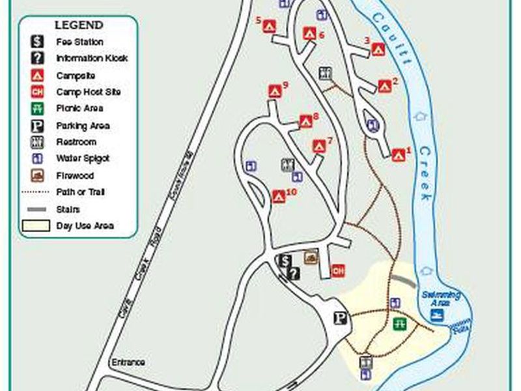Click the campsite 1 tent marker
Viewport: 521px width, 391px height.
[x=398, y=155]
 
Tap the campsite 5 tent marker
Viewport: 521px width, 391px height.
[x=270, y=27]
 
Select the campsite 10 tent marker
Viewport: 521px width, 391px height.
[x=278, y=195]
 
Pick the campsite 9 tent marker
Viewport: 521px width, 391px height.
[x=274, y=91]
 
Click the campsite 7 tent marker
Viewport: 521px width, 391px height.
[x=318, y=146]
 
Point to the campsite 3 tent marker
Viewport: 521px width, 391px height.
[x=378, y=49]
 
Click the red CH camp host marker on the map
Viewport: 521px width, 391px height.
[x=337, y=270]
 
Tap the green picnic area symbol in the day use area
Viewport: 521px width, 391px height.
[x=399, y=324]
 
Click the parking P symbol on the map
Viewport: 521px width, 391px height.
[x=340, y=319]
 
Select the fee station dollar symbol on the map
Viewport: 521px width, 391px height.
[x=284, y=261]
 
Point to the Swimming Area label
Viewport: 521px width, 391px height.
[x=440, y=297]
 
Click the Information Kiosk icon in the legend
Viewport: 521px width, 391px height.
[x=37, y=58]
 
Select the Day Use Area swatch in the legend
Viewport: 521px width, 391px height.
[x=37, y=226]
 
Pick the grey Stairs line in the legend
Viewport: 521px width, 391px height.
[x=37, y=209]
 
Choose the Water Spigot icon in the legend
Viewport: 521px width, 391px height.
[x=37, y=158]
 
